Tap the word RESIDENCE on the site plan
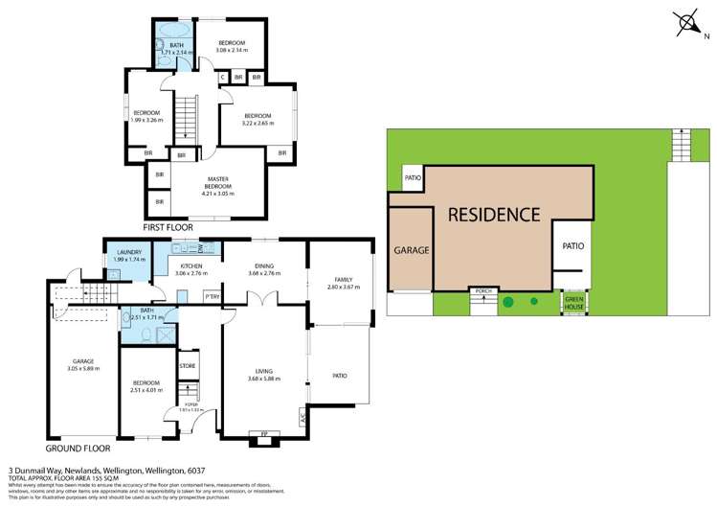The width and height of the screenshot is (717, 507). pos(494,214)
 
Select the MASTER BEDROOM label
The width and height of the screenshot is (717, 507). pos(218,183)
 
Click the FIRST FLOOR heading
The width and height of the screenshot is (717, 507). pos(168,228)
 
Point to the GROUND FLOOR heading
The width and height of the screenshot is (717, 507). pos(78,448)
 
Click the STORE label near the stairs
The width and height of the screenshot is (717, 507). pos(188,365)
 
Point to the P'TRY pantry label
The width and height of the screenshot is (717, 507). pos(212,296)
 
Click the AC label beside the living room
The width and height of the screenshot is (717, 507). pos(303,418)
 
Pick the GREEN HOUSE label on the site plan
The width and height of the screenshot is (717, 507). pos(572,301)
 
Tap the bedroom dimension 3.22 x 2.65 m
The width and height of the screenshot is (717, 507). pos(257,123)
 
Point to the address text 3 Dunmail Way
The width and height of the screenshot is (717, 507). pos(38,471)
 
